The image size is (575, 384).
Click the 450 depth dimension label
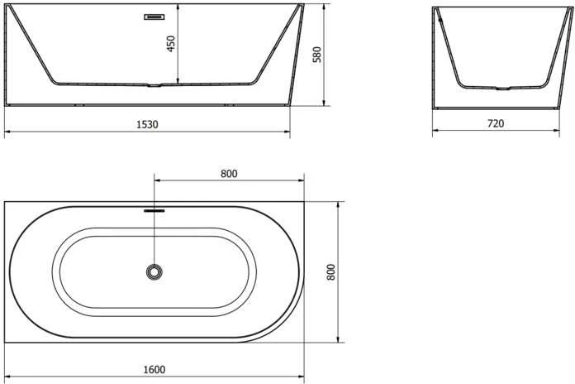[x=171, y=44]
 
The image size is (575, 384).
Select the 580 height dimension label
[x=317, y=55]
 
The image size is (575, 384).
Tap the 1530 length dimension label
[x=147, y=125]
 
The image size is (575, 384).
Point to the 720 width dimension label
[x=496, y=123]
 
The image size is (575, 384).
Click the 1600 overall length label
[x=154, y=369]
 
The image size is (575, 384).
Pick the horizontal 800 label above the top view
[x=229, y=174]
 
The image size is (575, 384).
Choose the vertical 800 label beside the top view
[x=330, y=272]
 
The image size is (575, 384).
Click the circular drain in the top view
[x=154, y=272]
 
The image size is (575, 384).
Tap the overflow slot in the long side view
[x=154, y=17]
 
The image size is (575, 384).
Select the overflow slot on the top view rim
[x=154, y=211]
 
